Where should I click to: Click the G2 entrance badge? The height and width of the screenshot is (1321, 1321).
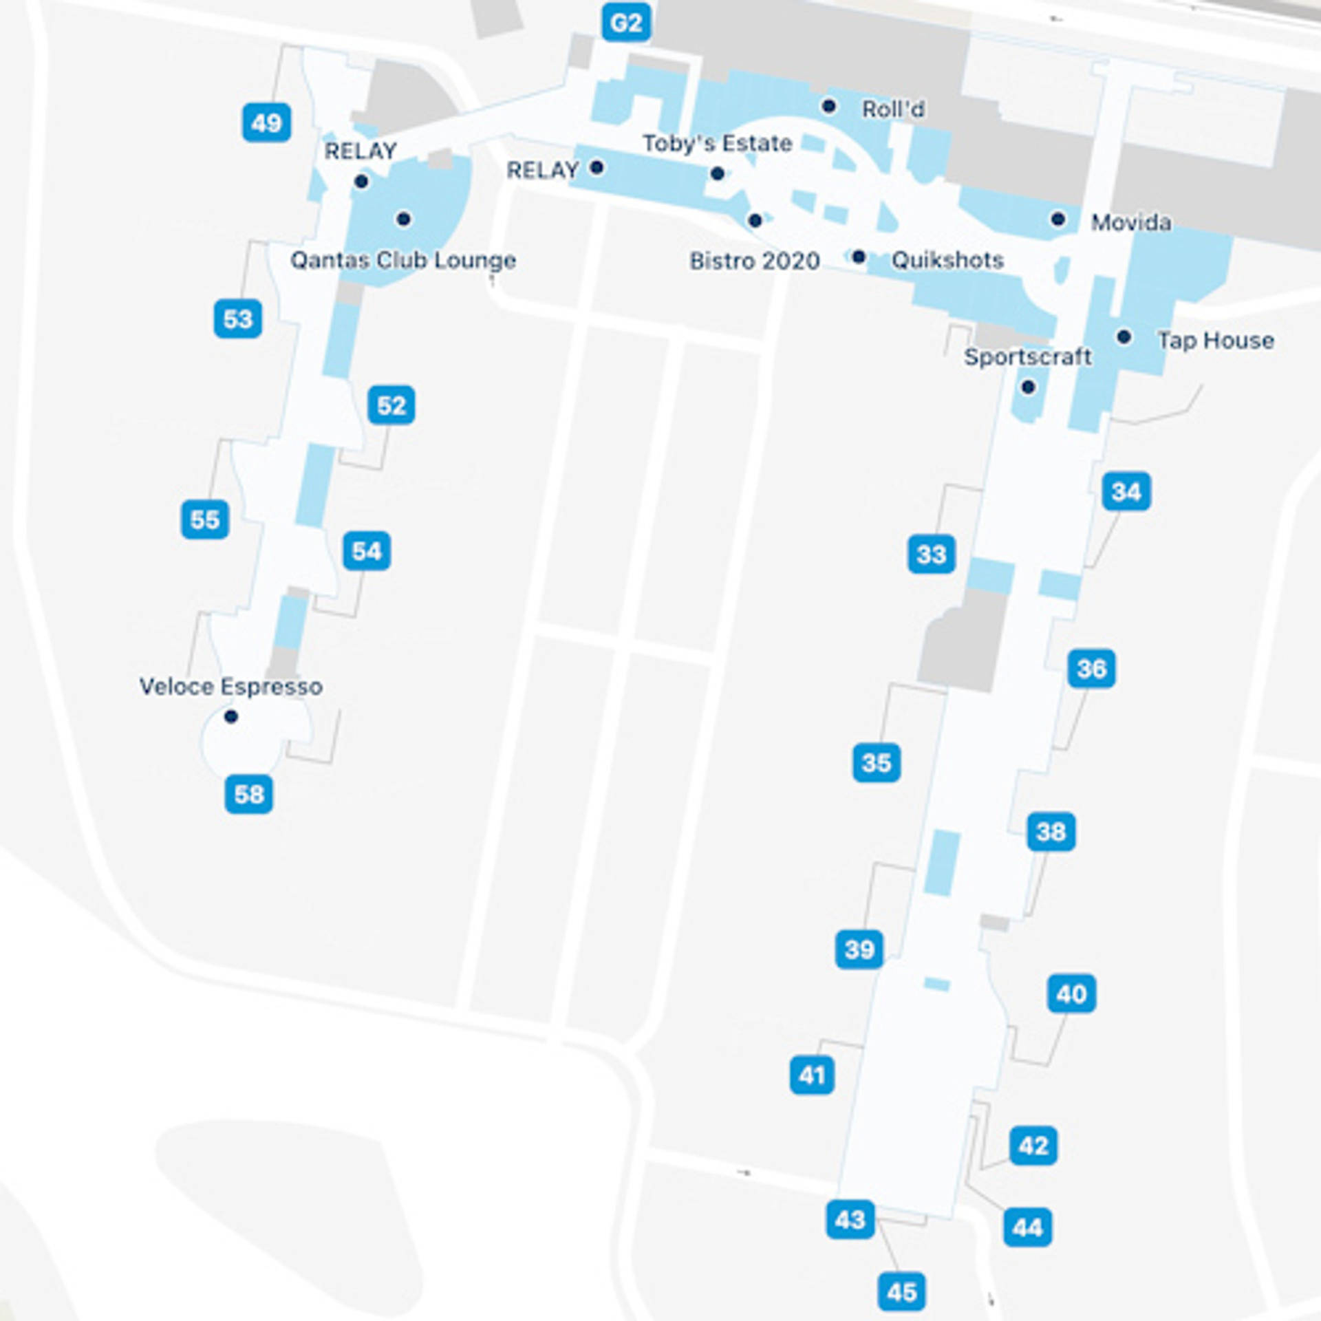(x=625, y=23)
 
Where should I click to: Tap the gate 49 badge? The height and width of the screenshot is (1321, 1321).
(x=266, y=123)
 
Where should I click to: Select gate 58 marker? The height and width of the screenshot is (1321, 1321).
(x=248, y=794)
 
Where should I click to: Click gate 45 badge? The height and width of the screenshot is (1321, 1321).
(x=901, y=1291)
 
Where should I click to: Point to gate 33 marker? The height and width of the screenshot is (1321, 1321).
(x=931, y=554)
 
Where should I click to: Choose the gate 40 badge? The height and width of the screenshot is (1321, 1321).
(x=1071, y=994)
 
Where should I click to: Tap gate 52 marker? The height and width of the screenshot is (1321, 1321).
(x=391, y=405)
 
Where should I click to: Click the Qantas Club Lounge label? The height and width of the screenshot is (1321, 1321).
(x=402, y=260)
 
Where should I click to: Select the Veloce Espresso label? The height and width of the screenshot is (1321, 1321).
(x=230, y=686)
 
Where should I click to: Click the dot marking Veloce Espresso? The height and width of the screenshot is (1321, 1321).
(x=231, y=717)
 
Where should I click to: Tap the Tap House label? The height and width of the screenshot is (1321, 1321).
(x=1215, y=340)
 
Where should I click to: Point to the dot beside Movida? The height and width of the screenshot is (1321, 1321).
(x=1057, y=219)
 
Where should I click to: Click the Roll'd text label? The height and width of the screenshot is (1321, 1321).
(x=893, y=109)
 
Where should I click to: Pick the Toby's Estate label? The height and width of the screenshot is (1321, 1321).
(x=717, y=143)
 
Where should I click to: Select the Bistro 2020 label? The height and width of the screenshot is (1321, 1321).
(x=754, y=261)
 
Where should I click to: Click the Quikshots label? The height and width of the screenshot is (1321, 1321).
(x=947, y=260)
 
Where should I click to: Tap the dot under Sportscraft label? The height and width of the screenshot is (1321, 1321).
(x=1028, y=387)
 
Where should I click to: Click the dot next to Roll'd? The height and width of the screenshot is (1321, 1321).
(x=829, y=106)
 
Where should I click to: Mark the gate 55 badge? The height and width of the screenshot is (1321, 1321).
(x=205, y=519)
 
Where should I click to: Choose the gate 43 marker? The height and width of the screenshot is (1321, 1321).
(x=850, y=1219)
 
